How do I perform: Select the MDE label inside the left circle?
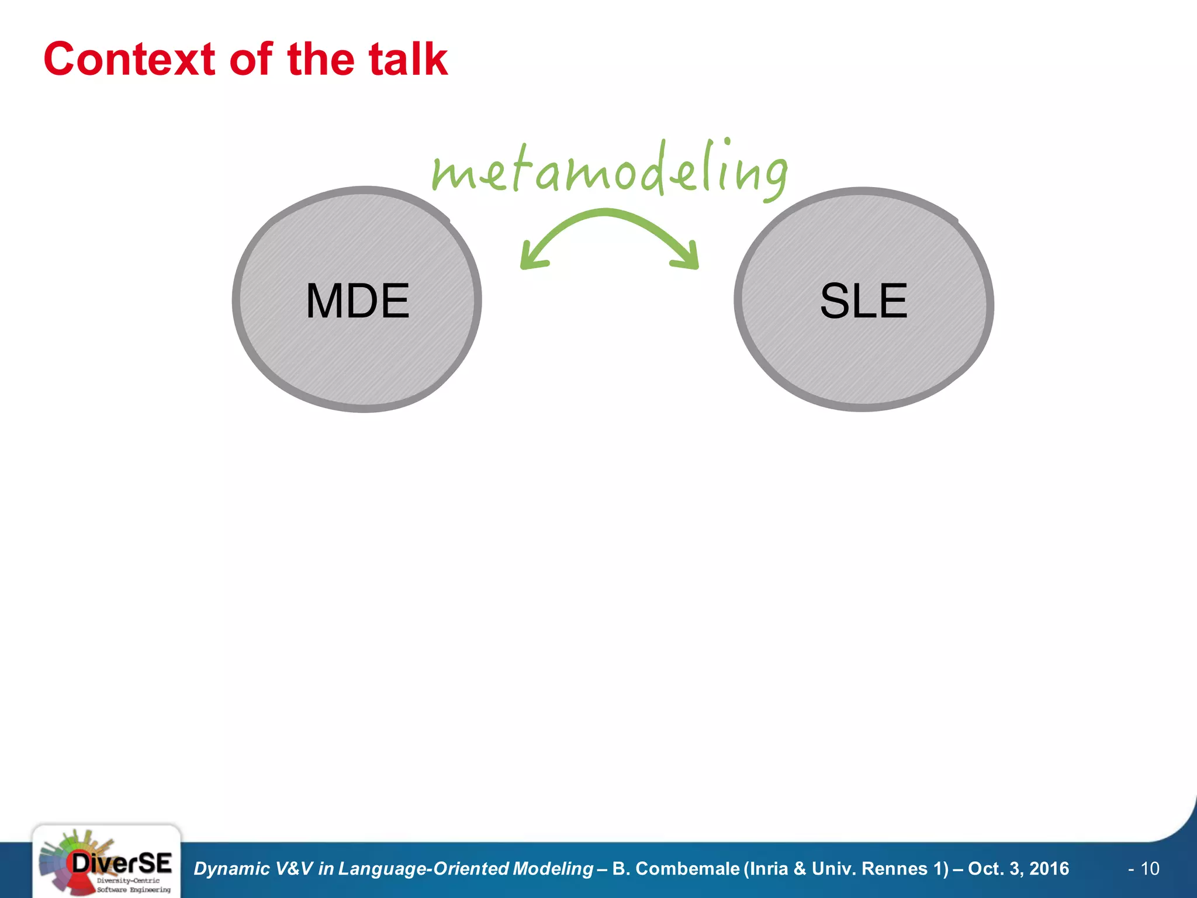point(358,301)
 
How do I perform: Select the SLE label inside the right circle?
point(863,301)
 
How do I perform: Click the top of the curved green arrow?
point(606,213)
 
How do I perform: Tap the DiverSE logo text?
point(122,863)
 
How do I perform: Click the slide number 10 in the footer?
point(1150,869)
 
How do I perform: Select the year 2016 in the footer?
point(1049,869)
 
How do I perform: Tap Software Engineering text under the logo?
point(134,889)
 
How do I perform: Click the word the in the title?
point(321,60)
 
